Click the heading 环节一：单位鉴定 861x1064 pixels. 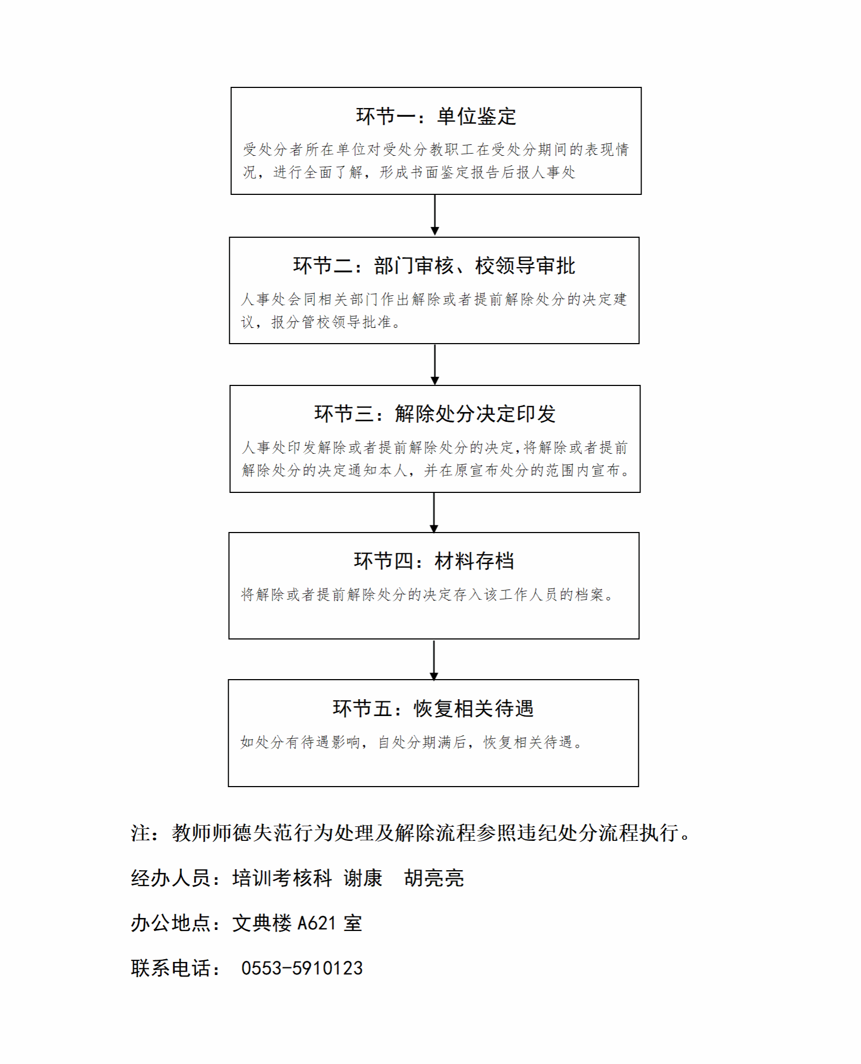(436, 116)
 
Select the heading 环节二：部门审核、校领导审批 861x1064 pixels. (434, 265)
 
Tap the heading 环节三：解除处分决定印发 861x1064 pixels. (435, 414)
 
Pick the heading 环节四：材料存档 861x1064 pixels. (434, 561)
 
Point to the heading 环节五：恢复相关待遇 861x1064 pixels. (433, 708)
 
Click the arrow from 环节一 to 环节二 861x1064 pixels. (435, 215)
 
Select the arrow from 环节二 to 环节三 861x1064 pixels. (435, 364)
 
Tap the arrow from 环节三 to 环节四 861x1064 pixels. (434, 512)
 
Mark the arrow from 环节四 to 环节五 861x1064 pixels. (434, 660)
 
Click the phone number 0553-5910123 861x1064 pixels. (302, 968)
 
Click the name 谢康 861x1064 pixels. (363, 878)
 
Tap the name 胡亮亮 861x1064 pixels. (434, 878)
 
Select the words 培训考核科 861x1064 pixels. (282, 878)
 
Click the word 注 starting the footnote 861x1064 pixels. (141, 833)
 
